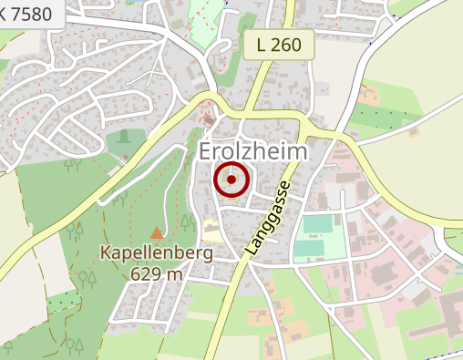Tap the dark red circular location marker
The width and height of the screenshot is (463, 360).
[231, 180]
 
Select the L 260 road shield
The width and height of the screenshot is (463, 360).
[280, 44]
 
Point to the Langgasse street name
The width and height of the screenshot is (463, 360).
[268, 218]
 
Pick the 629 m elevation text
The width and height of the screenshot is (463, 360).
[158, 273]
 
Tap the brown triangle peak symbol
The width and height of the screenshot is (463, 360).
[157, 233]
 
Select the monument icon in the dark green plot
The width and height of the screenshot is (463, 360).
[124, 138]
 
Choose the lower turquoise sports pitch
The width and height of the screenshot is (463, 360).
[309, 247]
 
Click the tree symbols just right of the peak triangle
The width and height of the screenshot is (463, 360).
[186, 222]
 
